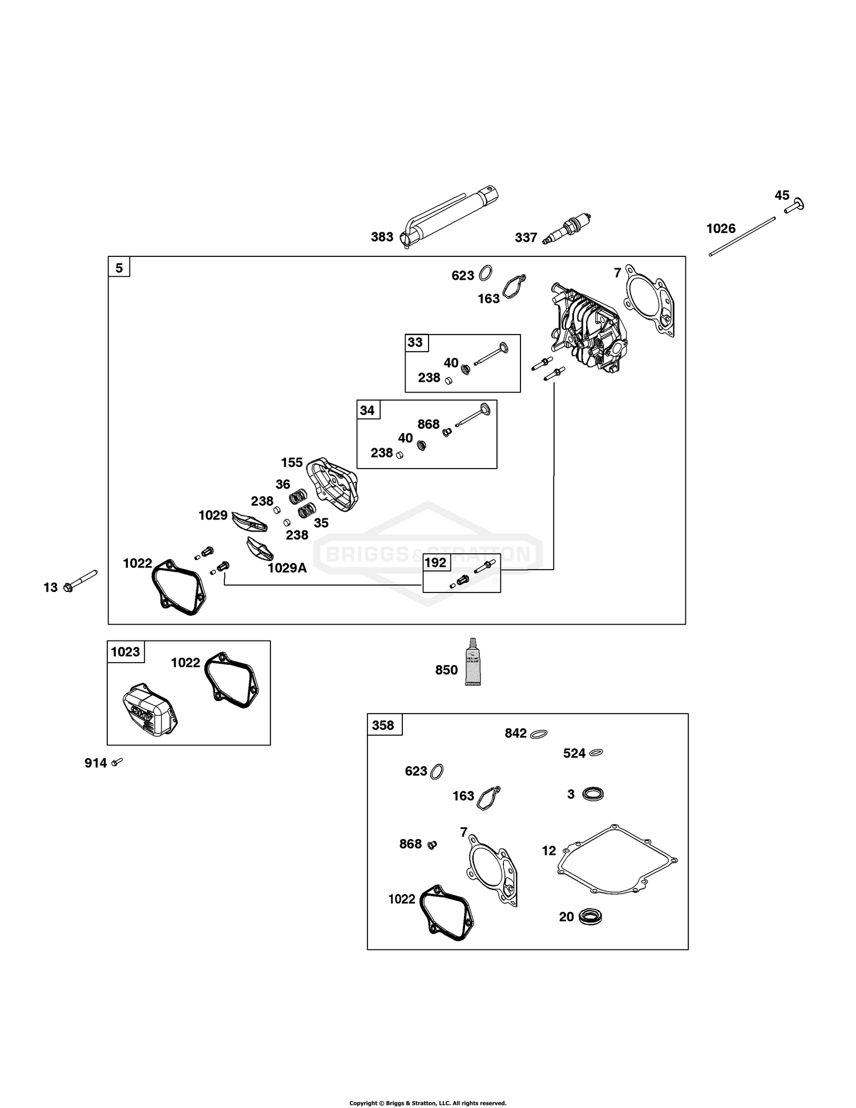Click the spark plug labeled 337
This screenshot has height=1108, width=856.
568,229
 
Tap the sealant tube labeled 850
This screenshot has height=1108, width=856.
473,662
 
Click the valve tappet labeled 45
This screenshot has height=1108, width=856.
794,206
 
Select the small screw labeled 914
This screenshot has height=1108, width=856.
118,762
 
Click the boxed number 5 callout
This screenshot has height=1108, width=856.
119,267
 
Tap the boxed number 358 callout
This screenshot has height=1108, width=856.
383,725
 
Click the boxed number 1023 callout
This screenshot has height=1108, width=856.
126,651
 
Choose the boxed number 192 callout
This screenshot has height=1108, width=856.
435,562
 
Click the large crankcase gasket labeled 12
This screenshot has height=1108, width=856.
616,860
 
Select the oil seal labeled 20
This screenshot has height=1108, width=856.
591,917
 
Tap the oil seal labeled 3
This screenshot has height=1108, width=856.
593,793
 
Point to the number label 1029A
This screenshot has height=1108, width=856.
287,568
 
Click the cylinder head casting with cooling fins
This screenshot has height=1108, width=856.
587,328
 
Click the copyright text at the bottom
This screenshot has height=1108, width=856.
427,1087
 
